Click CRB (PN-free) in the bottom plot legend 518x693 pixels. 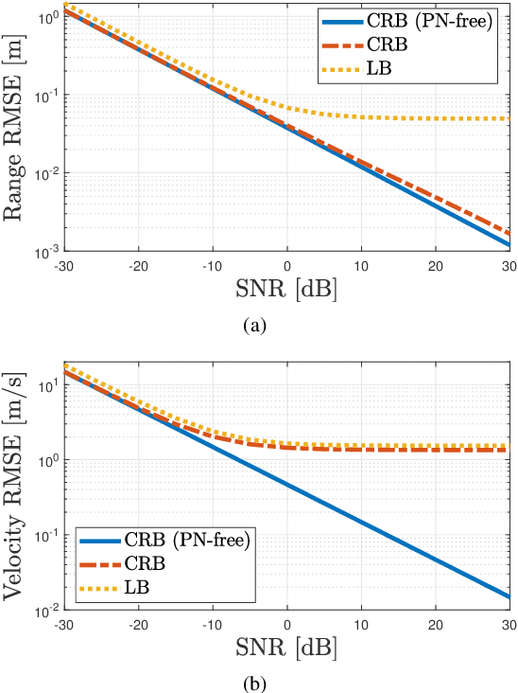(x=185, y=542)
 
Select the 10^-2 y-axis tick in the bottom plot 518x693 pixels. (x=43, y=611)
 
